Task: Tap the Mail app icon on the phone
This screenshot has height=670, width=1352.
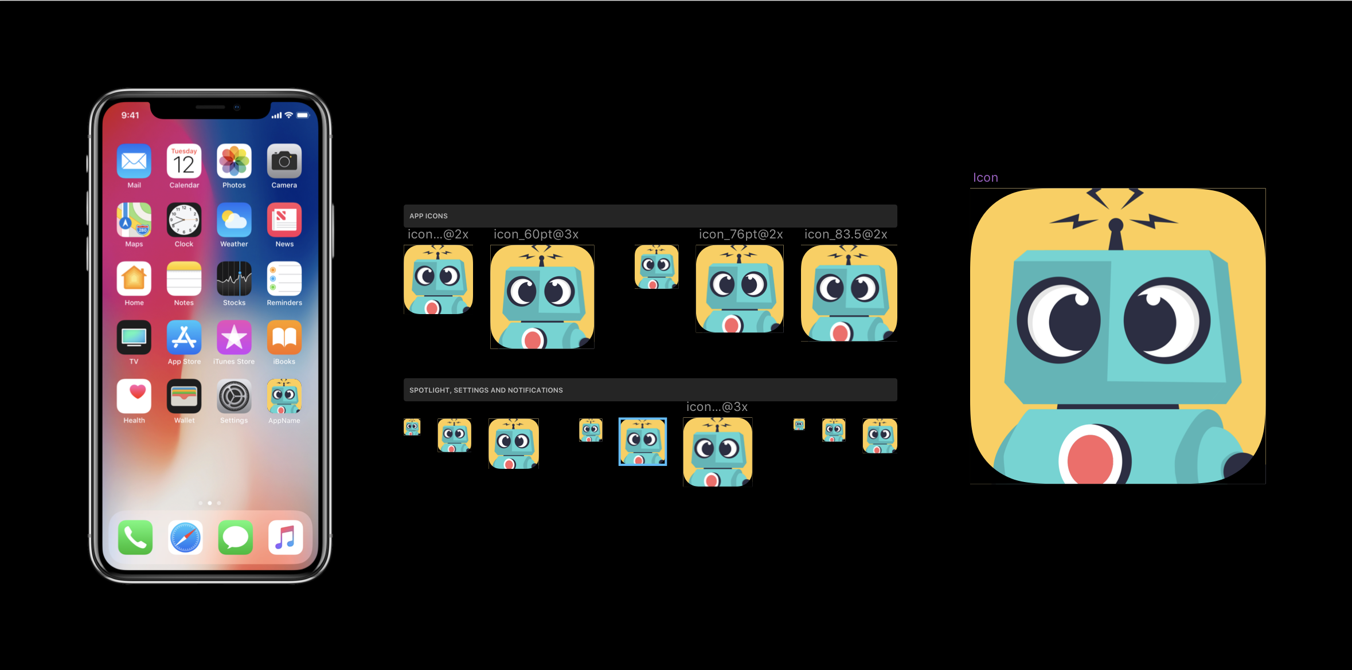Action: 134,161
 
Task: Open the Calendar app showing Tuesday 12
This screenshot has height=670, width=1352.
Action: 184,161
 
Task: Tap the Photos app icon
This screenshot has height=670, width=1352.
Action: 234,161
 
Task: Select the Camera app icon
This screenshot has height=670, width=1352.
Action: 284,161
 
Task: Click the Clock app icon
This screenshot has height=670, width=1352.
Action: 184,220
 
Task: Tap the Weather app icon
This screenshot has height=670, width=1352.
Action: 234,220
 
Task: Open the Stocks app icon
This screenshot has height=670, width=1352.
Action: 234,279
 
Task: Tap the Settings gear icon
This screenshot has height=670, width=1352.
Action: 234,397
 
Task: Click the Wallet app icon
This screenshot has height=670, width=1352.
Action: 184,397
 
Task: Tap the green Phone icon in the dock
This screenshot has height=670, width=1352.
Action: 135,538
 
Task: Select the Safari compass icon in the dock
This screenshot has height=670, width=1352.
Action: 185,538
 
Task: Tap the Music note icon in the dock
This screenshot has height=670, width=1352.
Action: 286,538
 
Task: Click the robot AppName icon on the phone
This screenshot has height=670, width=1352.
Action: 284,397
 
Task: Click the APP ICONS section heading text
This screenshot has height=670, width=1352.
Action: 428,216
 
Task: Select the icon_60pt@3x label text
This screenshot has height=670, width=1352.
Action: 536,234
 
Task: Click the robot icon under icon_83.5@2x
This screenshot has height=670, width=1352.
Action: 849,293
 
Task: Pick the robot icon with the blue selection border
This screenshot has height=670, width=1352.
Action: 643,442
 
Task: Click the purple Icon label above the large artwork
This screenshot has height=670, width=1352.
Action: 986,178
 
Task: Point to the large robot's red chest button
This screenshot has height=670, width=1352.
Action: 1090,459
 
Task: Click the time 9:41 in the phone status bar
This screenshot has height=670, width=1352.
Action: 130,115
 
